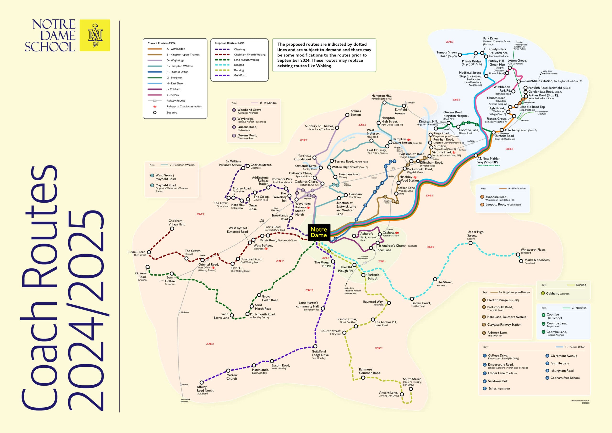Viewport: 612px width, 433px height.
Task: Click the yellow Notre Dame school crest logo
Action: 95,35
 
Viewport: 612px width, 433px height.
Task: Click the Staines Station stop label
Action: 355,113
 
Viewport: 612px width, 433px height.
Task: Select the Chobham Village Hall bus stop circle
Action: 172,229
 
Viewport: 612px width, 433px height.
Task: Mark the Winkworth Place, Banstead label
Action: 533,251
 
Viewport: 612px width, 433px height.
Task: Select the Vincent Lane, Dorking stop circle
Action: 402,394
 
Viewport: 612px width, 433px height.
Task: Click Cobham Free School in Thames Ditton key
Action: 565,378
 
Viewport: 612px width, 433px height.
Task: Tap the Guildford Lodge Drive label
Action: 320,355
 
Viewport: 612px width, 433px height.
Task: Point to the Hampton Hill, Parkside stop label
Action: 382,97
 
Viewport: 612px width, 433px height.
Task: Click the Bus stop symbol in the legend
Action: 155,113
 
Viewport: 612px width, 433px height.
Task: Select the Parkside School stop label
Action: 373,277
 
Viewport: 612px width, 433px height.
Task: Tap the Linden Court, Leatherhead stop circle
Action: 412,299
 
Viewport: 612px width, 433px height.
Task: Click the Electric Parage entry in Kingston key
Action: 503,300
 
